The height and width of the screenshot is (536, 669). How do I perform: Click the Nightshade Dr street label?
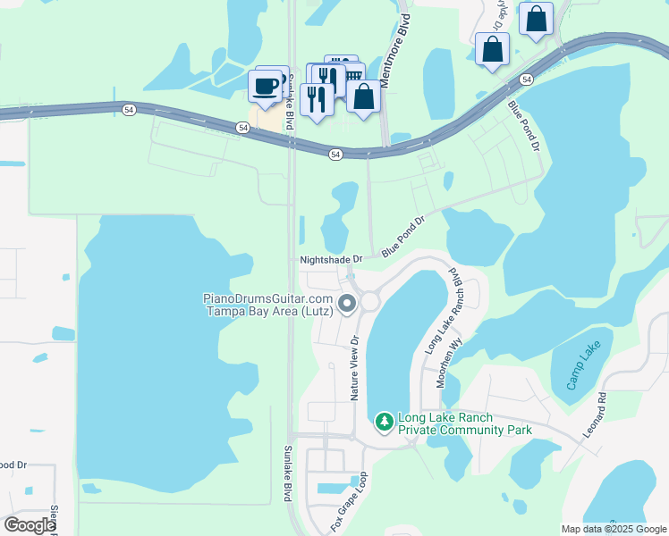tap(331, 259)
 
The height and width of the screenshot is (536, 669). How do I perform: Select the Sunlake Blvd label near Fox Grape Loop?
tap(288, 473)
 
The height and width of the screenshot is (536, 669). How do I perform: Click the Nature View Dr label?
tap(354, 368)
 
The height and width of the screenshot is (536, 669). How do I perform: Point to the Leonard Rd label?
tap(596, 415)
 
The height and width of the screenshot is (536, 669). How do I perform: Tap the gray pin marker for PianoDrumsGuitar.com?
tap(347, 304)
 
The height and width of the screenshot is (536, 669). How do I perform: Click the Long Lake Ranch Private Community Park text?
tap(465, 423)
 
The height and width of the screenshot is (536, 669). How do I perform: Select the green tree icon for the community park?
tap(384, 420)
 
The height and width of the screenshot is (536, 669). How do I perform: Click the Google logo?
tap(30, 525)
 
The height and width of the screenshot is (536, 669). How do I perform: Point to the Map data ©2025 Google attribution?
tap(613, 529)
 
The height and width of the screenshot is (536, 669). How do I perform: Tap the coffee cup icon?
tap(266, 87)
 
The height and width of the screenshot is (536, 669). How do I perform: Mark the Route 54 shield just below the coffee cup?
tap(242, 128)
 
